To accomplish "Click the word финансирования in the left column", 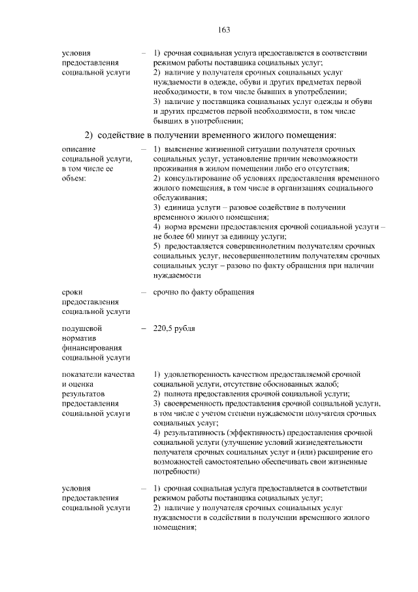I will [90, 348].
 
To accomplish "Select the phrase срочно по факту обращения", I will [203, 292].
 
